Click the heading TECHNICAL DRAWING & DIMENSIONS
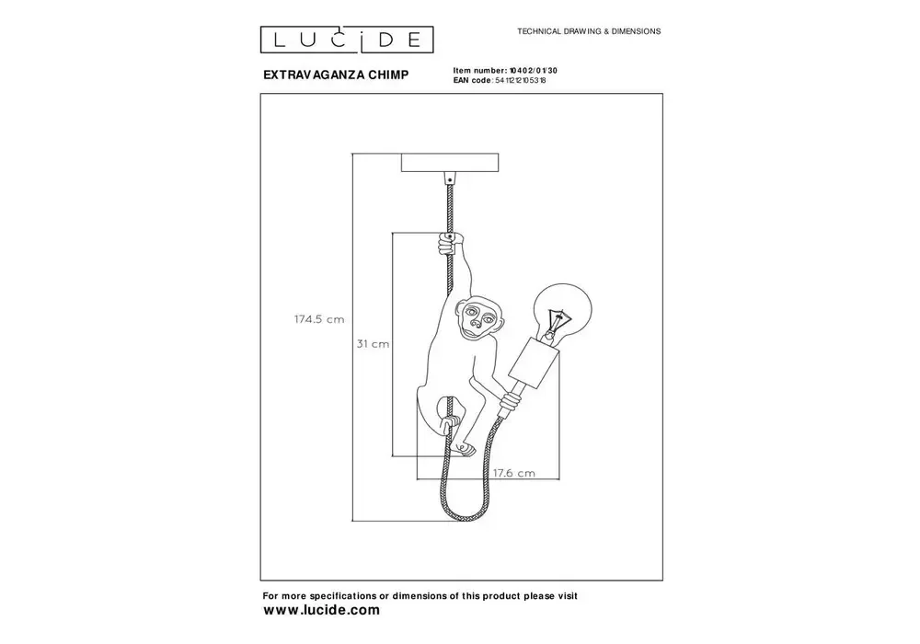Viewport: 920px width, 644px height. [x=589, y=30]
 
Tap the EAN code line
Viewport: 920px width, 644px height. [x=506, y=81]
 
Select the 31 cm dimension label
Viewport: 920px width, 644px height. [x=374, y=343]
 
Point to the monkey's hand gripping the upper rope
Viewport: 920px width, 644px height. [x=448, y=244]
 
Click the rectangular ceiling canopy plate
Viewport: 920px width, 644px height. [x=451, y=162]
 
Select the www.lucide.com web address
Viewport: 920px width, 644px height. [x=321, y=610]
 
